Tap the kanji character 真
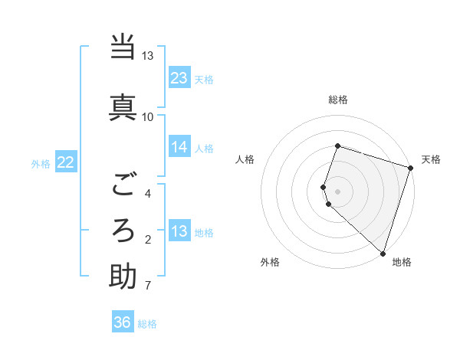click(x=123, y=105)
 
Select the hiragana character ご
click(x=123, y=185)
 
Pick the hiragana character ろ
click(x=123, y=229)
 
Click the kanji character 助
click(x=123, y=277)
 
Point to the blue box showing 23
click(x=179, y=78)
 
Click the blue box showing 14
click(x=179, y=148)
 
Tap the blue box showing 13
click(x=179, y=231)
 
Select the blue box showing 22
click(x=66, y=162)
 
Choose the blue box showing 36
click(x=123, y=322)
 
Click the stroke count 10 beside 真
click(x=147, y=116)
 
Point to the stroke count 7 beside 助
click(x=147, y=286)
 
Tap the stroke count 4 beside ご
click(x=148, y=193)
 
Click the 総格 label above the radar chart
click(x=337, y=100)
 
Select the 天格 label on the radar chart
click(x=431, y=159)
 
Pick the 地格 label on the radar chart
click(x=402, y=262)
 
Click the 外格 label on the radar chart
click(x=270, y=262)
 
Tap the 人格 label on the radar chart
click(x=245, y=159)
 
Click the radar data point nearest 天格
click(x=410, y=168)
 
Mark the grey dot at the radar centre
click(x=337, y=191)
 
